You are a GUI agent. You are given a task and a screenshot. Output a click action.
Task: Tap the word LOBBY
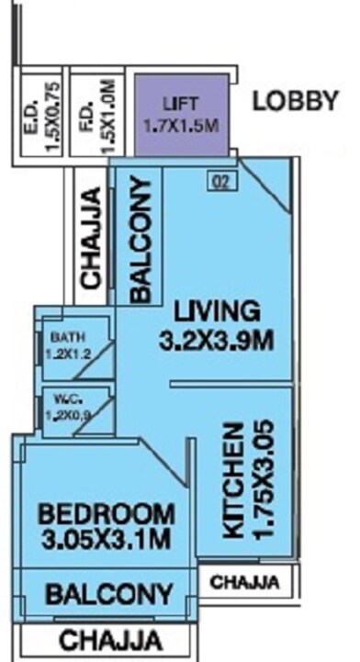pos(296,101)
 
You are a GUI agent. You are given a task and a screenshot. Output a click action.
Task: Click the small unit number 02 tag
pos(219,182)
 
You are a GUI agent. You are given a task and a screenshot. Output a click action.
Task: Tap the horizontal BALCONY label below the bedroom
pos(108,594)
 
